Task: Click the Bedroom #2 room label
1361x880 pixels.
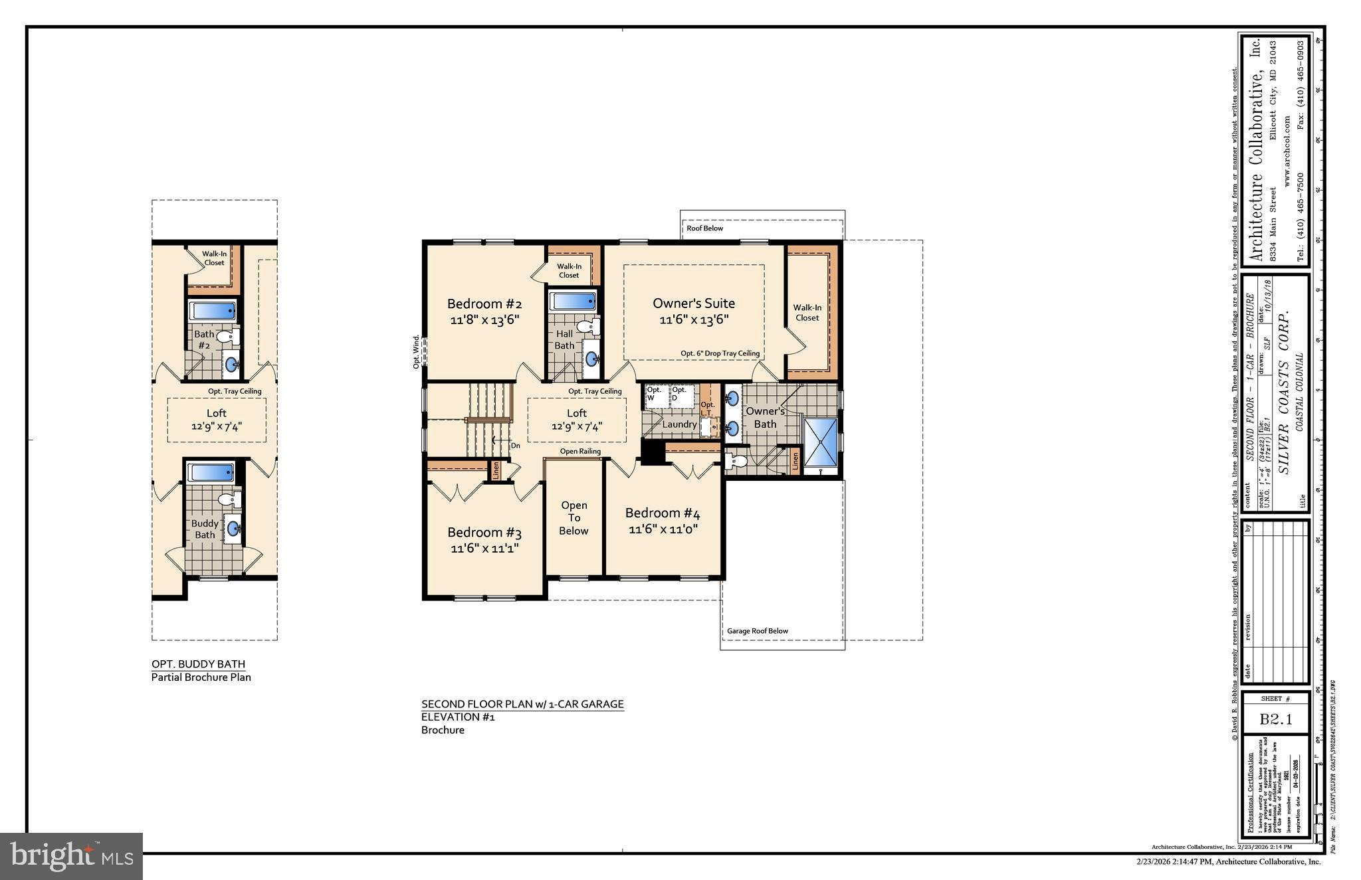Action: pos(484,304)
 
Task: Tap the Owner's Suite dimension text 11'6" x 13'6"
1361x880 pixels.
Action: pos(694,319)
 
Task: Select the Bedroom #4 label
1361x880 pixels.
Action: pos(662,513)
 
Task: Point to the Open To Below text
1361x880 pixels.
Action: pos(574,518)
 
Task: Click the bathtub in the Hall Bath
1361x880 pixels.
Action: pos(574,301)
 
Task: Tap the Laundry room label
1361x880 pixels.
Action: pos(679,424)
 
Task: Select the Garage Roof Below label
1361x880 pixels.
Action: pos(757,631)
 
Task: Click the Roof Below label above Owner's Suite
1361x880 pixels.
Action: pos(704,228)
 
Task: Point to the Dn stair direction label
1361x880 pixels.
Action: pos(515,446)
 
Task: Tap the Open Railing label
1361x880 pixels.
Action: pos(579,452)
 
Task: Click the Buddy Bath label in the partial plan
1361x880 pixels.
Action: pos(205,529)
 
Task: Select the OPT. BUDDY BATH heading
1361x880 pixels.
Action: pos(198,664)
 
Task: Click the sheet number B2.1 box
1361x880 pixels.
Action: pos(1275,719)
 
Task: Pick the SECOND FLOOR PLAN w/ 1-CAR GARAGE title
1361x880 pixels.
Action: pos(522,704)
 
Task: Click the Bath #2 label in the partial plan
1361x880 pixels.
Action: pos(204,339)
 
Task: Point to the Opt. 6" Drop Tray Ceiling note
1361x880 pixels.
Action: pos(720,353)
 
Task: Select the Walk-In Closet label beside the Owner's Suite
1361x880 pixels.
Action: pos(807,312)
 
